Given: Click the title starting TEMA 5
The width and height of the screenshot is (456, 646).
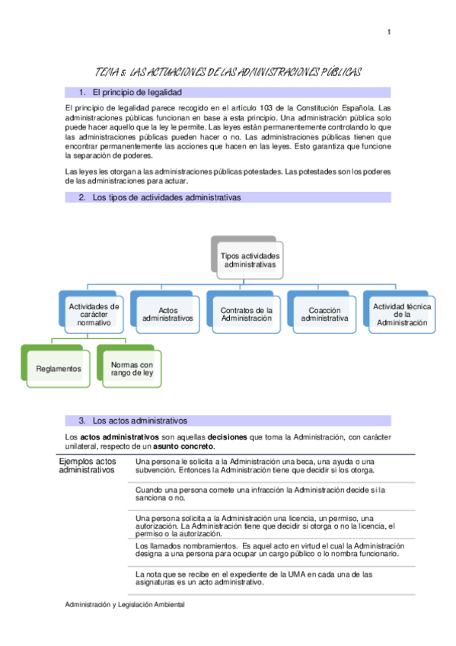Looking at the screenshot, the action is [228, 72].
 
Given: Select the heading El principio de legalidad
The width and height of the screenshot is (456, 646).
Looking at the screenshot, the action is [136, 92].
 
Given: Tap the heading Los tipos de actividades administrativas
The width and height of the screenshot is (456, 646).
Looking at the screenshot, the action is [166, 197].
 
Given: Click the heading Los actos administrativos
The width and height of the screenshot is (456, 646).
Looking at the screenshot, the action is [140, 421].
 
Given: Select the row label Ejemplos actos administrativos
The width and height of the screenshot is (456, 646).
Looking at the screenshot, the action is [87, 466].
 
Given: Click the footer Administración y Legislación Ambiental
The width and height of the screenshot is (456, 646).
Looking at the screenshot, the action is [126, 604].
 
